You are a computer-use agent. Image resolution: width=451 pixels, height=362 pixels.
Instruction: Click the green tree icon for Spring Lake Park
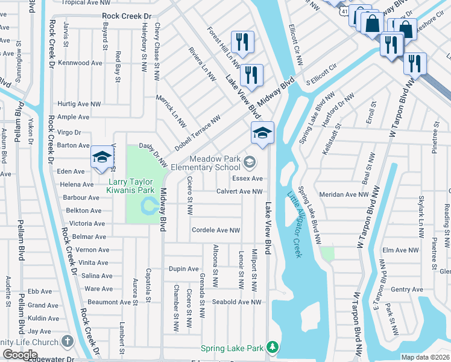click(273, 348)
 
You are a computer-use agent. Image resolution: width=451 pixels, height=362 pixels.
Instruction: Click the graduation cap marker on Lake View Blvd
click(262, 133)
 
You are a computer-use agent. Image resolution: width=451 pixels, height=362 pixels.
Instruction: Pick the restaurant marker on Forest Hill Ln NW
click(242, 42)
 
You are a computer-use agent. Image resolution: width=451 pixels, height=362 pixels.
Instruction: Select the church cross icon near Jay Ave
click(68, 341)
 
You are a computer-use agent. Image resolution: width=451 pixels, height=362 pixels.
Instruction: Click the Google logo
click(20, 355)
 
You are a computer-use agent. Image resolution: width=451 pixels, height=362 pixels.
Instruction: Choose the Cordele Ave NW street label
click(215, 230)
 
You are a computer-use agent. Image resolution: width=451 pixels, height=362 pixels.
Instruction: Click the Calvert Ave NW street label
click(239, 192)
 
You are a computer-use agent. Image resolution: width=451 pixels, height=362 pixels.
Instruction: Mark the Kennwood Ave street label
click(80, 63)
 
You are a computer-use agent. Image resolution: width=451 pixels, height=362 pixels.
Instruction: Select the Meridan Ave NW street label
click(344, 194)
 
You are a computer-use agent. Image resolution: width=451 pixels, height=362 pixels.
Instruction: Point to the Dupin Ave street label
click(183, 268)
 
